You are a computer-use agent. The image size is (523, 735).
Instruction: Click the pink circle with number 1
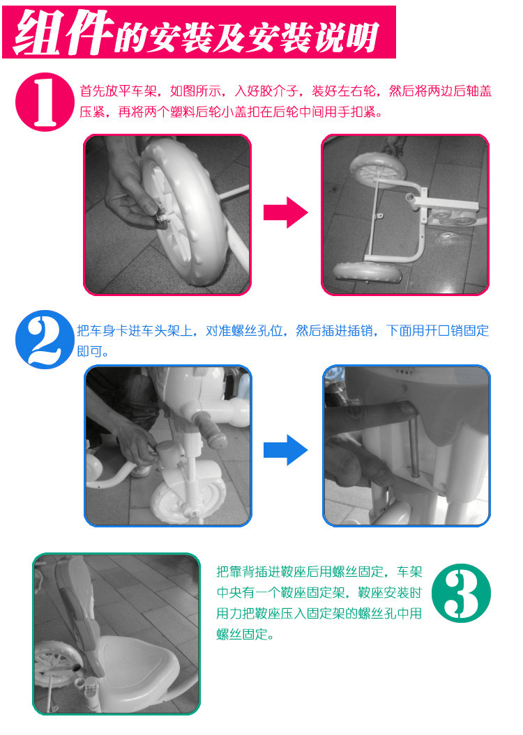45,102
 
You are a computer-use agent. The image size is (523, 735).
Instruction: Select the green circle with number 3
461,593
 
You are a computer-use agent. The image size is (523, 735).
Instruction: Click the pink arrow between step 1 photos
285,212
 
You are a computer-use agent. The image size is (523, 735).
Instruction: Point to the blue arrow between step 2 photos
285,450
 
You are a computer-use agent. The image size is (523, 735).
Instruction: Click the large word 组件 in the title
64,32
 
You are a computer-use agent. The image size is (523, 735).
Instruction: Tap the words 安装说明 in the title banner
314,36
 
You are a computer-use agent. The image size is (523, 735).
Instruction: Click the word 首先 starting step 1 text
92,91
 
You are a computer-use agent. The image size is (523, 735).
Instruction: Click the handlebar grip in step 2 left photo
211,431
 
